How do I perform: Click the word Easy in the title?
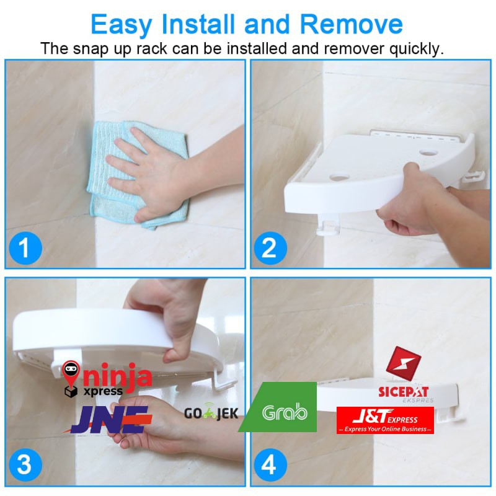[x=122, y=25]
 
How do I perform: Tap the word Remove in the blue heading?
[x=351, y=24]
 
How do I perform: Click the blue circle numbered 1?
[x=25, y=249]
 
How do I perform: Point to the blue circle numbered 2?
[x=270, y=249]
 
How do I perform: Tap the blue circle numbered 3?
[x=25, y=465]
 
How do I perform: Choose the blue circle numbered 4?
[x=270, y=465]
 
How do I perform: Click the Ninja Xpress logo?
[x=107, y=379]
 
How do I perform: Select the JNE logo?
[x=108, y=420]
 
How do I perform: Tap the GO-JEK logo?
[x=211, y=412]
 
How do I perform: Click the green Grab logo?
[x=278, y=407]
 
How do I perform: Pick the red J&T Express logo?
[x=385, y=420]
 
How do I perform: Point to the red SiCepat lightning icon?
[x=404, y=363]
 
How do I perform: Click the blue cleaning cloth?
[x=138, y=174]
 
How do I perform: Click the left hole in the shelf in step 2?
[x=339, y=177]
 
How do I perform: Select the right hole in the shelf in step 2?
[x=428, y=153]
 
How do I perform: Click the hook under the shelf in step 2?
[x=328, y=225]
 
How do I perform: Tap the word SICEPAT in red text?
[x=404, y=392]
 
